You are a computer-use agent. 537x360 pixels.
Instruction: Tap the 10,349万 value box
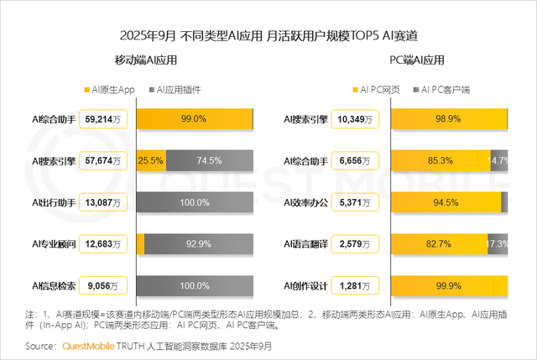pyautogui.click(x=356, y=119)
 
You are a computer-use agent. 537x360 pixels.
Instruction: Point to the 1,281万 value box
pyautogui.click(x=356, y=285)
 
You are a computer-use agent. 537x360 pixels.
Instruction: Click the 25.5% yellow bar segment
pyautogui.click(x=150, y=161)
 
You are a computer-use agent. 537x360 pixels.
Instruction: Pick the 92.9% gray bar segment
pyautogui.click(x=200, y=244)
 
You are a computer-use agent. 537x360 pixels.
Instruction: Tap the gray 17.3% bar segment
pyautogui.click(x=496, y=244)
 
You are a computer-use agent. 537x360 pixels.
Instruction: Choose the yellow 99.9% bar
pyautogui.click(x=449, y=285)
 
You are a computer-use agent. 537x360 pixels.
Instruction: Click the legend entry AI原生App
pyautogui.click(x=114, y=90)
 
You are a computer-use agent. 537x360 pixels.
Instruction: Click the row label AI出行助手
pyautogui.click(x=54, y=203)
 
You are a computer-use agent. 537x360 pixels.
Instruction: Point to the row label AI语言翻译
pyautogui.click(x=306, y=244)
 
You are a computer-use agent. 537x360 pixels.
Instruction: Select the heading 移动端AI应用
pyautogui.click(x=146, y=60)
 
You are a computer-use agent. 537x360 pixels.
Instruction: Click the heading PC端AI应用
pyautogui.click(x=417, y=60)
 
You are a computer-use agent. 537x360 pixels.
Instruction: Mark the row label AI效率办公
pyautogui.click(x=306, y=203)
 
